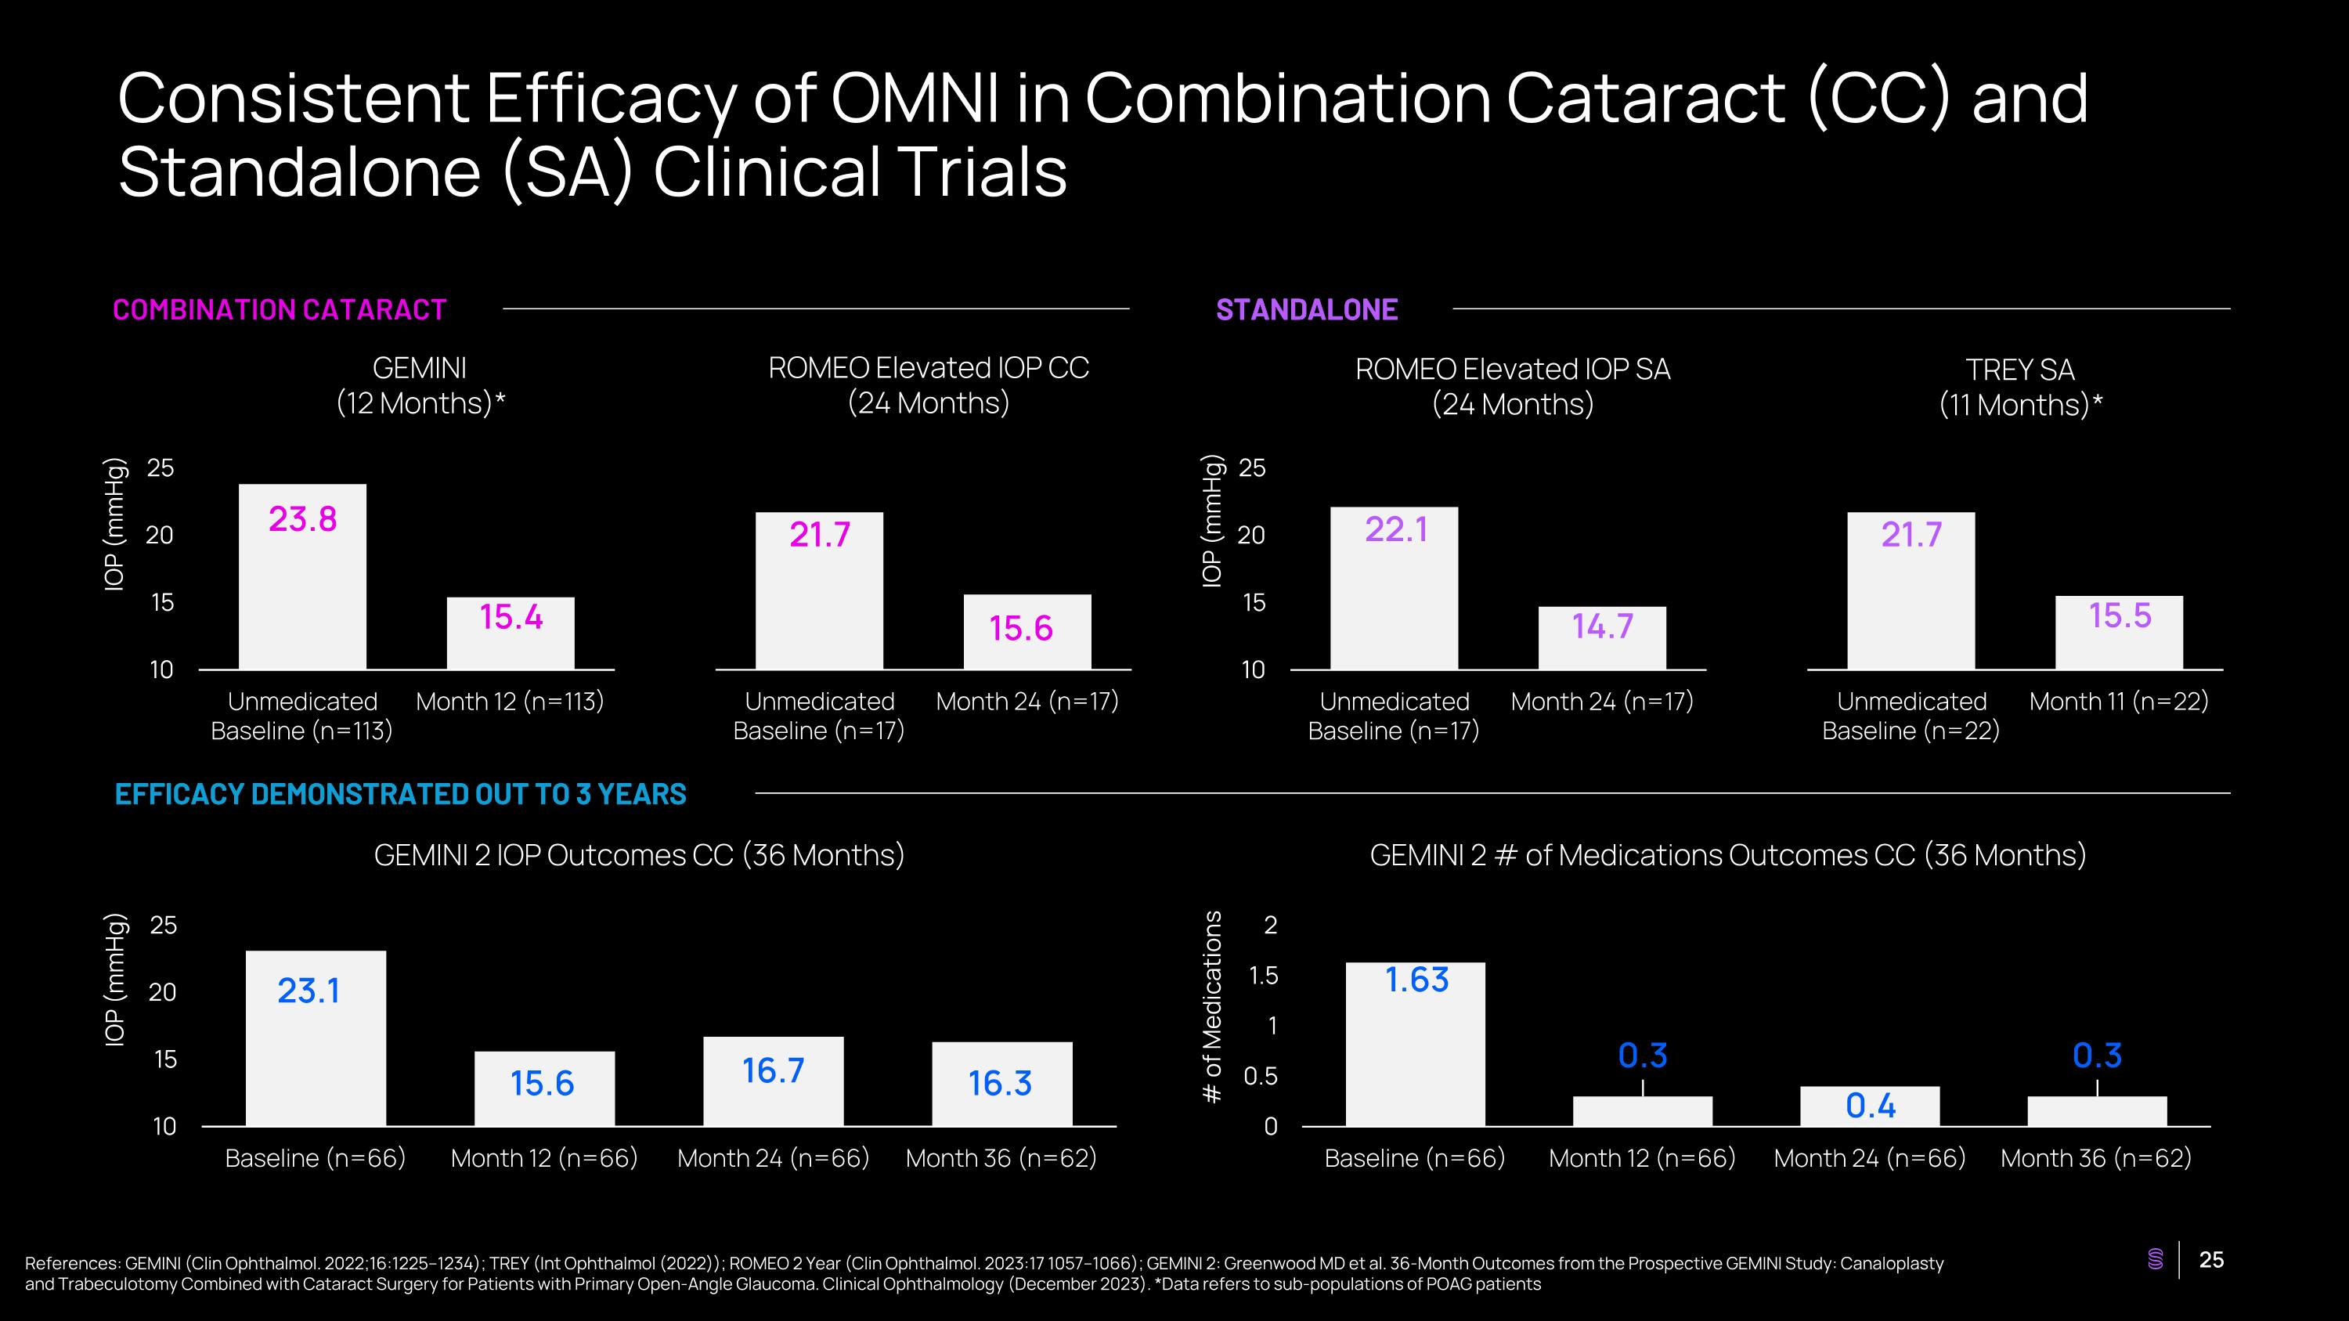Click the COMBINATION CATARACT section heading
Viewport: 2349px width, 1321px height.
(x=279, y=310)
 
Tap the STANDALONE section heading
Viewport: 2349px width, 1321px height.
(x=1307, y=310)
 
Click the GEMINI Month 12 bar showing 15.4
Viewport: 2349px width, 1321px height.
(x=511, y=633)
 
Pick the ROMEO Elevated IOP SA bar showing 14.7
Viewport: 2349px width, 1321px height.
(x=1602, y=638)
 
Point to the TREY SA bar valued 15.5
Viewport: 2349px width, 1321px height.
(x=2120, y=633)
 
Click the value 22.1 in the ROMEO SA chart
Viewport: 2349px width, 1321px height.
(x=1395, y=529)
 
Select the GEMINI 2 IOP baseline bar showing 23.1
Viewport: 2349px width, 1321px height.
(x=316, y=1038)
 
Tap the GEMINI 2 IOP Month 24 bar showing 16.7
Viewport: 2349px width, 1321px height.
(x=774, y=1081)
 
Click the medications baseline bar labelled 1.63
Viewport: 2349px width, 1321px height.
(x=1415, y=1045)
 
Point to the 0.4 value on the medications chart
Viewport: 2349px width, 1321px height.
(x=1871, y=1106)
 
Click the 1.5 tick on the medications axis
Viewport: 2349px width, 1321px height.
(x=1263, y=976)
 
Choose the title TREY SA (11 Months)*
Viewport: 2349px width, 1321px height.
(x=2020, y=388)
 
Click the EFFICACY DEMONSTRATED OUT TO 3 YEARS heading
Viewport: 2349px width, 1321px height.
(x=400, y=794)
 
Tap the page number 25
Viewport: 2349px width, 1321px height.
(x=2211, y=1260)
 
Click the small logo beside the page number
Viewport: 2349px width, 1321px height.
(x=2156, y=1260)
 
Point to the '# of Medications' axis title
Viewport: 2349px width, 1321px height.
(x=1212, y=1007)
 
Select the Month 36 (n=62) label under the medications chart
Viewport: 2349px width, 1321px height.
(x=2095, y=1158)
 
